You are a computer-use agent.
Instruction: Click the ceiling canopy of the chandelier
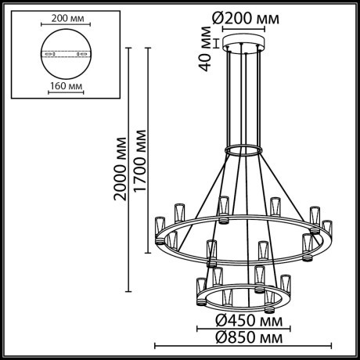(244, 41)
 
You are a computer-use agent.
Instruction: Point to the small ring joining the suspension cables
(244, 148)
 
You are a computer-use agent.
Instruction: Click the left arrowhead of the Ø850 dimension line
(154, 346)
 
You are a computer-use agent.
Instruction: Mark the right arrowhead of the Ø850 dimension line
(334, 346)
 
